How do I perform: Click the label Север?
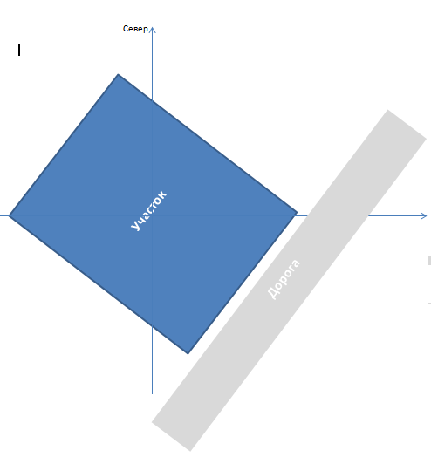tap(135, 29)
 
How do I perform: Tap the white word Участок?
tap(148, 210)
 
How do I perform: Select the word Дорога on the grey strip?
tap(284, 279)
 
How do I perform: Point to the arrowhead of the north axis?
tap(152, 29)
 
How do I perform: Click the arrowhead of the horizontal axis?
tap(424, 216)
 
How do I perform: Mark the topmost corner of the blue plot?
tap(118, 74)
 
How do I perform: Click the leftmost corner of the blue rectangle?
tap(9, 216)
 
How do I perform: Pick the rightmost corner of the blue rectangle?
tap(297, 212)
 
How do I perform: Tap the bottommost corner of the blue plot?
tap(188, 354)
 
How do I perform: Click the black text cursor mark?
tap(19, 51)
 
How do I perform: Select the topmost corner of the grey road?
tap(387, 110)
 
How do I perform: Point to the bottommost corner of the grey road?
tap(190, 451)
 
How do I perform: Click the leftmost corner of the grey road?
tap(152, 422)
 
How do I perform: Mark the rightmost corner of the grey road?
tap(427, 138)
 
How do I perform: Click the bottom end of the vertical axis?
tap(152, 394)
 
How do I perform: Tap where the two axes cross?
tap(152, 216)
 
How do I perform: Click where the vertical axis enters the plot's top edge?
tap(152, 100)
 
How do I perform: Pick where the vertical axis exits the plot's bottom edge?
tap(152, 327)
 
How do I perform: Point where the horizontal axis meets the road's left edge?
tap(308, 216)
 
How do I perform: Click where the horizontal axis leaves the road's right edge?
tap(368, 216)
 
